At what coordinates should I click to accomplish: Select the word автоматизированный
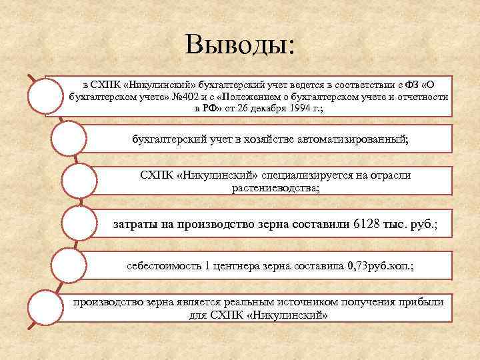tap(350, 139)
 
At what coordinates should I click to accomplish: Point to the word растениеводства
tap(275, 189)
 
